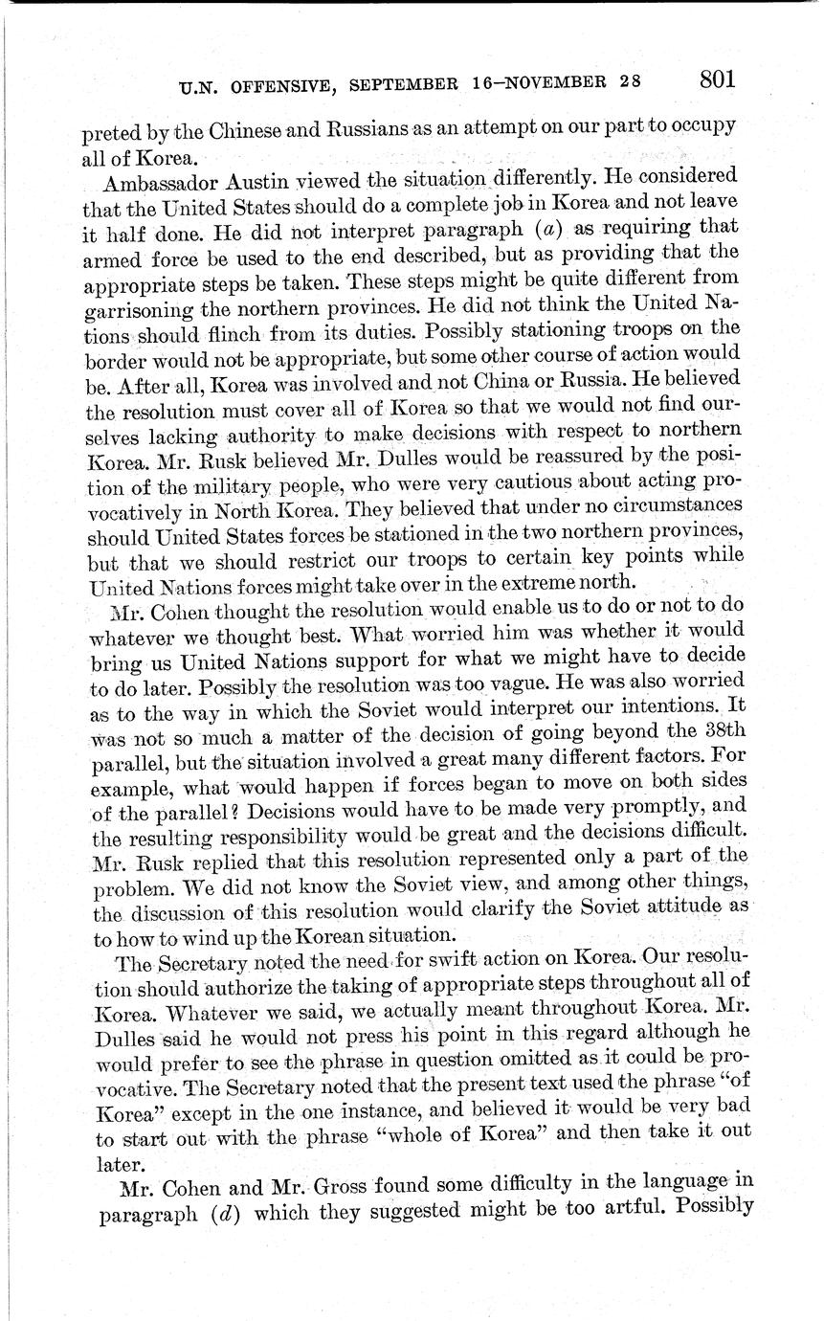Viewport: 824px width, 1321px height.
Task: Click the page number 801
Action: point(717,78)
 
